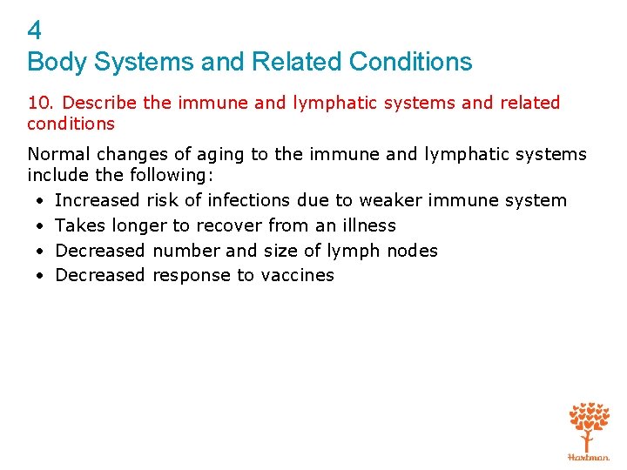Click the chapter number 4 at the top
click(34, 31)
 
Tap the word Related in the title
click(296, 62)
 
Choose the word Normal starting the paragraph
click(58, 154)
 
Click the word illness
click(367, 225)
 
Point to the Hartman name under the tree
click(589, 457)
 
